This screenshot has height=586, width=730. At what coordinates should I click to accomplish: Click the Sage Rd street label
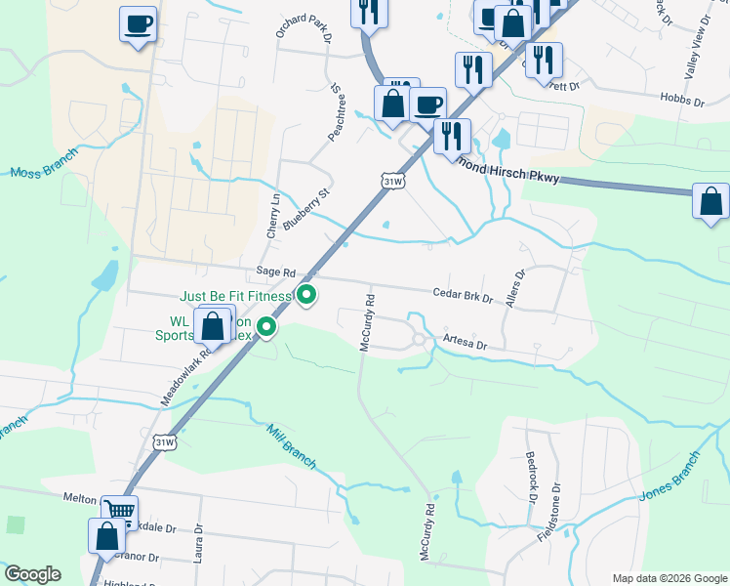pos(275,272)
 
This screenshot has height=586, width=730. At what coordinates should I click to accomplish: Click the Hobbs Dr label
pos(683,101)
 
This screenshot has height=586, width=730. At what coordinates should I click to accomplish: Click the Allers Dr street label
pos(514,289)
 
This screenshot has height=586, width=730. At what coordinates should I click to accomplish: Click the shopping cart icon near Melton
pos(119,510)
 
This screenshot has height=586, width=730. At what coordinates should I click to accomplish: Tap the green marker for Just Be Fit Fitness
pos(307,294)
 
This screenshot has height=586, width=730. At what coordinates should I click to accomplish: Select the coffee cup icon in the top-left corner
pos(138,22)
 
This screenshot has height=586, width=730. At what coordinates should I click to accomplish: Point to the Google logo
pos(32,574)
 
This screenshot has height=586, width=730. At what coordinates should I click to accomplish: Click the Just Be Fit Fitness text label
pos(236,296)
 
